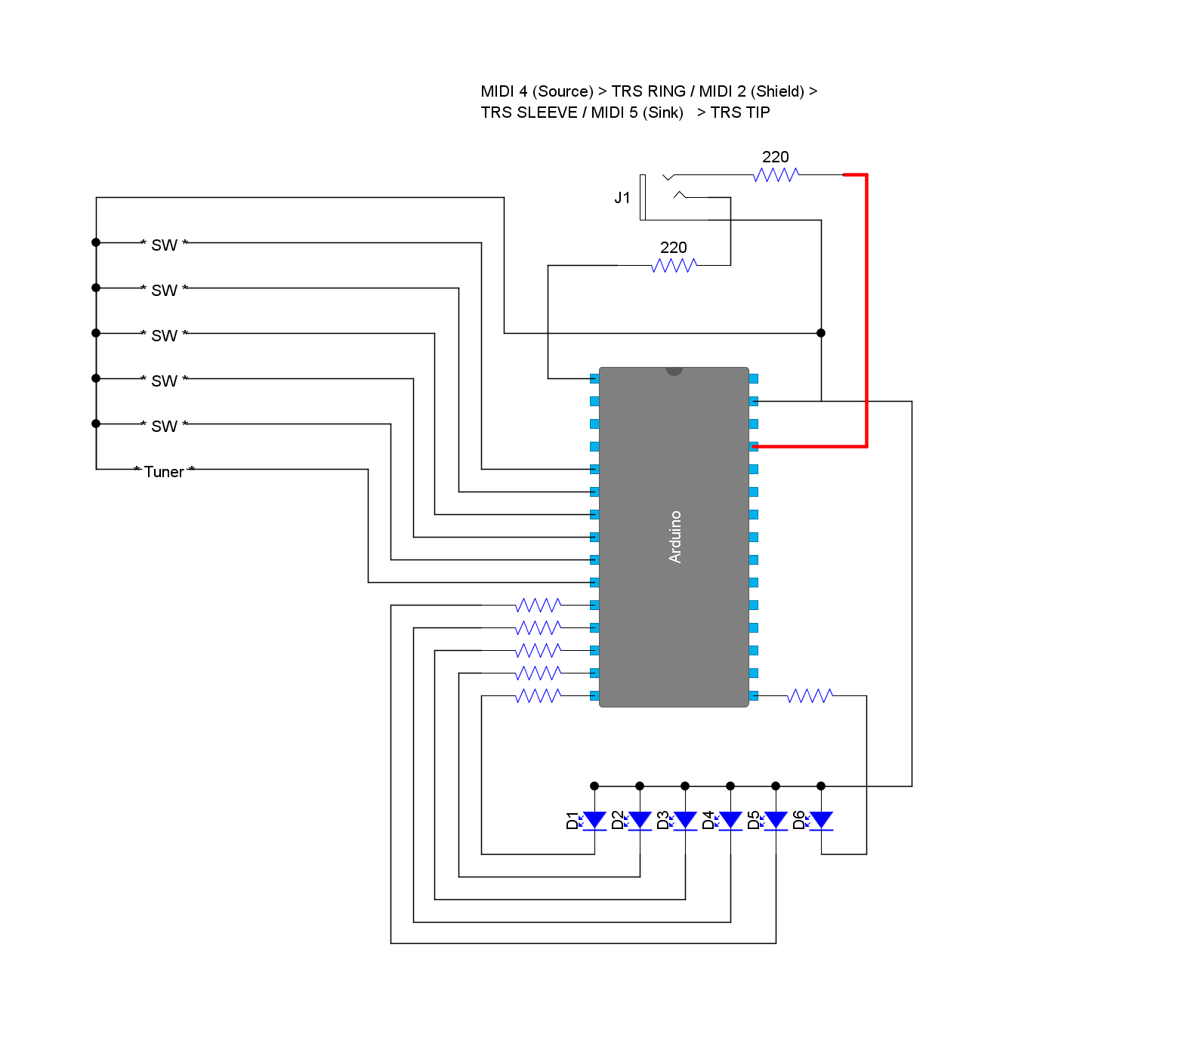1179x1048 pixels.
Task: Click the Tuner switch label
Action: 164,472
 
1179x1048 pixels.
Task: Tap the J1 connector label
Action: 622,198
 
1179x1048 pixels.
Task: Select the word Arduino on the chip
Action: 675,537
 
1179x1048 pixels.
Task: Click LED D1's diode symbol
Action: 594,821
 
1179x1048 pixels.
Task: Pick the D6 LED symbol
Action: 821,821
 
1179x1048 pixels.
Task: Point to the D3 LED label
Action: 662,820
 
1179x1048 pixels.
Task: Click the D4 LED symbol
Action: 730,821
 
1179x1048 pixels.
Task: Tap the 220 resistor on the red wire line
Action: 776,174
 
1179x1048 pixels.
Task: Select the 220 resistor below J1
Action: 674,265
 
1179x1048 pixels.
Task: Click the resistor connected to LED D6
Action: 810,695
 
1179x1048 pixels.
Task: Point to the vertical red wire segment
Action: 866,310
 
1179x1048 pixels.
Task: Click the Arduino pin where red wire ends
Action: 754,446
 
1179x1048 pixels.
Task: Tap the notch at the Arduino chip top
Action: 674,371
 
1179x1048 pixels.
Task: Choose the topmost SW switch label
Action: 164,245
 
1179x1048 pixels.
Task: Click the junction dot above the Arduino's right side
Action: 821,333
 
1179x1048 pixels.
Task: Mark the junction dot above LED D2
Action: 640,786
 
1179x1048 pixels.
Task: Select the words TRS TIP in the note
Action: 740,113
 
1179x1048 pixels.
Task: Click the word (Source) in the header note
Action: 563,91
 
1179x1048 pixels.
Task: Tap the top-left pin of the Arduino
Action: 594,378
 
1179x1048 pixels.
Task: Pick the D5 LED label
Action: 753,820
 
